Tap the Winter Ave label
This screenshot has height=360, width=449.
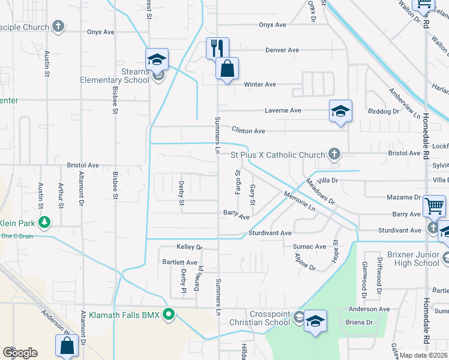[259, 85]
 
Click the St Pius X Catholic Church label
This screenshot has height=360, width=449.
[278, 155]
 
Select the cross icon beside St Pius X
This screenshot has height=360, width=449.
[335, 154]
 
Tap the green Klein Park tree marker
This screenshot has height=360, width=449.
[44, 223]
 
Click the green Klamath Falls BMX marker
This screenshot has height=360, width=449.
[169, 314]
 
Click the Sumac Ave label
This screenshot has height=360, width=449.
[309, 247]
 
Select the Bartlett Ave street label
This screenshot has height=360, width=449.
[179, 262]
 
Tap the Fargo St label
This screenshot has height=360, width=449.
[237, 181]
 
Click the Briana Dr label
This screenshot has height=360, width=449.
[360, 322]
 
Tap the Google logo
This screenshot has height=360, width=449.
[20, 353]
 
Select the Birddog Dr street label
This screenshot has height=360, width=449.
[383, 112]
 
